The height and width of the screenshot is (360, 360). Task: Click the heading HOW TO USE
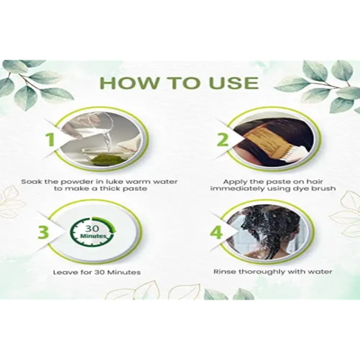coord(179,82)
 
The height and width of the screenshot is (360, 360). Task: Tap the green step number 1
coord(49,141)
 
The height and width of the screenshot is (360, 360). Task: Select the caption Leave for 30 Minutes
coord(97,272)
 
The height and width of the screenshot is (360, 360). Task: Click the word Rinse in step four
coord(225,272)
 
